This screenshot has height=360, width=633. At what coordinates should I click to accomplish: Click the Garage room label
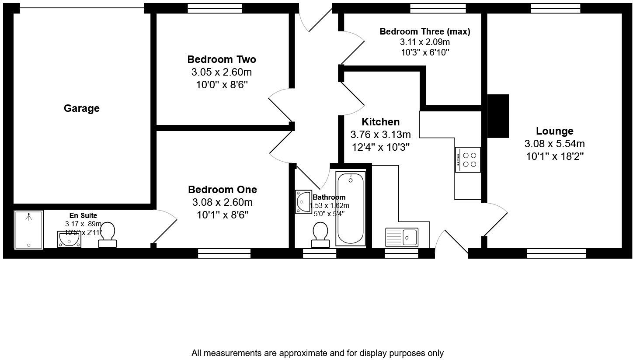81,108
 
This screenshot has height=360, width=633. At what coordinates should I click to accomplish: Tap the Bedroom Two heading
222,59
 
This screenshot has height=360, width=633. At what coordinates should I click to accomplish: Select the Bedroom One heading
222,190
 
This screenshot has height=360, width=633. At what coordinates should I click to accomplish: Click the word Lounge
554,131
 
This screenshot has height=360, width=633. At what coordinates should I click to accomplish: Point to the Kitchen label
380,122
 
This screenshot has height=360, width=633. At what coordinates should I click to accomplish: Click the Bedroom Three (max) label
424,31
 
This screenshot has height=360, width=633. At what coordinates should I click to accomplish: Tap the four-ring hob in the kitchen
468,160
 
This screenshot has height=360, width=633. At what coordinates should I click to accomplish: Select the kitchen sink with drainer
401,238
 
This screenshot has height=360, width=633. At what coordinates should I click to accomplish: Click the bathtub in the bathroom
350,208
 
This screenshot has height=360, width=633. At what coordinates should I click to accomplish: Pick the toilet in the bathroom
320,235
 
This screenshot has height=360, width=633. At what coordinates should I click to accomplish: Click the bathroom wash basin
303,202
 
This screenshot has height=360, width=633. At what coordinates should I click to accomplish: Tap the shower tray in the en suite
29,230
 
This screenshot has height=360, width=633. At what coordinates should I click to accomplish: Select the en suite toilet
108,235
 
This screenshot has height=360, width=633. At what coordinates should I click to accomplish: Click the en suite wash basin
69,239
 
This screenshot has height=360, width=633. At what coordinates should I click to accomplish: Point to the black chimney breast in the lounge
498,116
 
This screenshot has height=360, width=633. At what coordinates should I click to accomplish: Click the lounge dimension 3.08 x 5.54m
554,144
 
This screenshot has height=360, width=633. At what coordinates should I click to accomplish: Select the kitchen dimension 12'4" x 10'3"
380,147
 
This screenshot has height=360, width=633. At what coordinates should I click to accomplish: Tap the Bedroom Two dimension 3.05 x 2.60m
222,72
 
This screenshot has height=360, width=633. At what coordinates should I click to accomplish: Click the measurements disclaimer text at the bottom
317,353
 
